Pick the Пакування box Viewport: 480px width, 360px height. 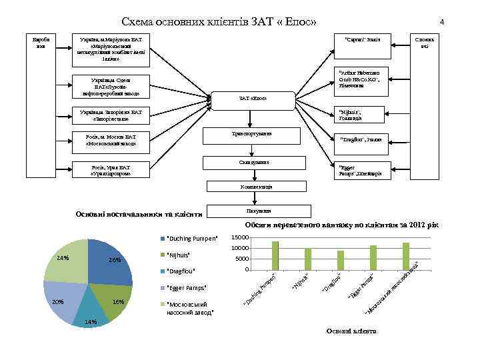(249, 211)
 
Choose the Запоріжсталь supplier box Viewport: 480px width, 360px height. (113, 115)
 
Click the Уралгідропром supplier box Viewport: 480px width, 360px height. (113, 171)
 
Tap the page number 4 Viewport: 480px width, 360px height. (442, 22)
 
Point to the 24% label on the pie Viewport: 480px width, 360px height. (63, 257)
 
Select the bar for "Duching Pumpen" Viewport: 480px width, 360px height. (275, 255)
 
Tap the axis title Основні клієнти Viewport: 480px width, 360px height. (351, 331)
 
